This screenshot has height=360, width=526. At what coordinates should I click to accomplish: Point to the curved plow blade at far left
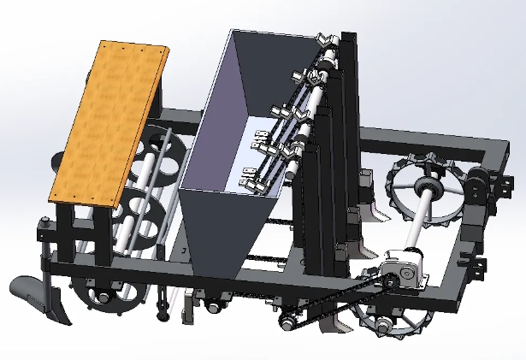[x=38, y=299]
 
